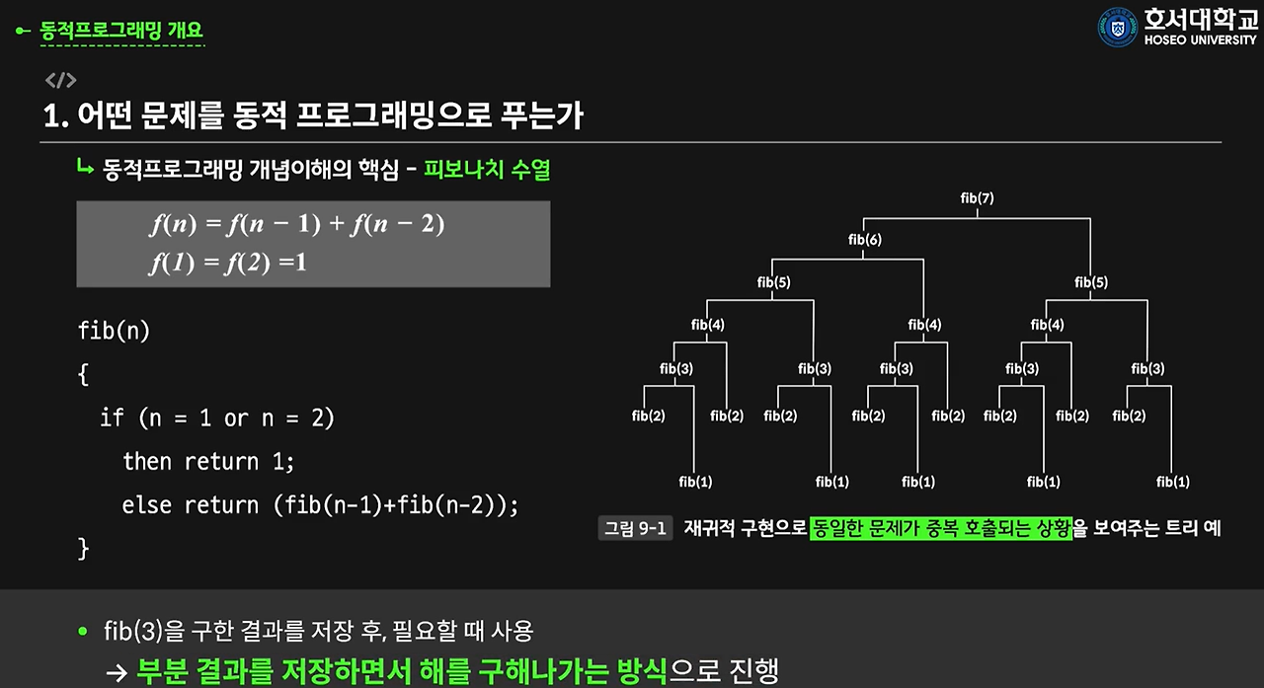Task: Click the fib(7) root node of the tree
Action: point(977,198)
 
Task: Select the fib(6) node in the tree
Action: point(865,240)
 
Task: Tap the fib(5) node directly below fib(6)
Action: point(773,282)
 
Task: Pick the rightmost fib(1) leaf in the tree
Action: point(1173,482)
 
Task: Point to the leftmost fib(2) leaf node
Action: point(649,416)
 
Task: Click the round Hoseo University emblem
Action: point(1118,28)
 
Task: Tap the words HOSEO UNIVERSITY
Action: point(1201,40)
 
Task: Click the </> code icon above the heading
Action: point(60,81)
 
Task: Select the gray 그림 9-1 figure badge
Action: point(635,528)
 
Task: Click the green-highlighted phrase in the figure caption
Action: point(940,528)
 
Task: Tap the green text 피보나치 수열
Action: point(487,170)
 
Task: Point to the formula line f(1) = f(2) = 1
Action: point(229,264)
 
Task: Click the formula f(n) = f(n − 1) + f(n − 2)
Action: point(297,224)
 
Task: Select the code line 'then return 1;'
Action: point(208,461)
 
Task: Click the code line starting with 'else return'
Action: point(320,504)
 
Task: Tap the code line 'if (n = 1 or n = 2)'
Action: point(217,418)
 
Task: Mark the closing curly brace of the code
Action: point(84,548)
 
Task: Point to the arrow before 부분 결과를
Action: point(118,672)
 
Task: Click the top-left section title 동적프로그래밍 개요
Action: point(121,31)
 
